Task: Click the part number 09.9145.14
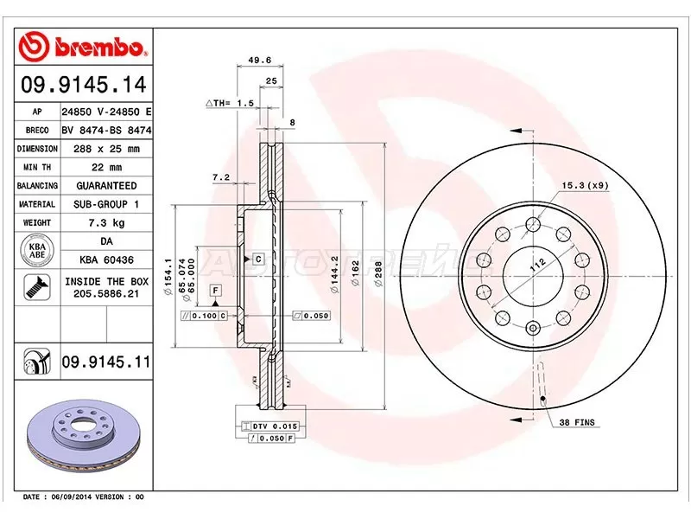point(83,86)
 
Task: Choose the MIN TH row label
point(36,168)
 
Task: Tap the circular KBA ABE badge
point(36,252)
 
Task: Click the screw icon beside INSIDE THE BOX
point(36,286)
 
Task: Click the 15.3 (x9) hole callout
point(585,185)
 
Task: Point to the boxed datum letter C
point(257,259)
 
